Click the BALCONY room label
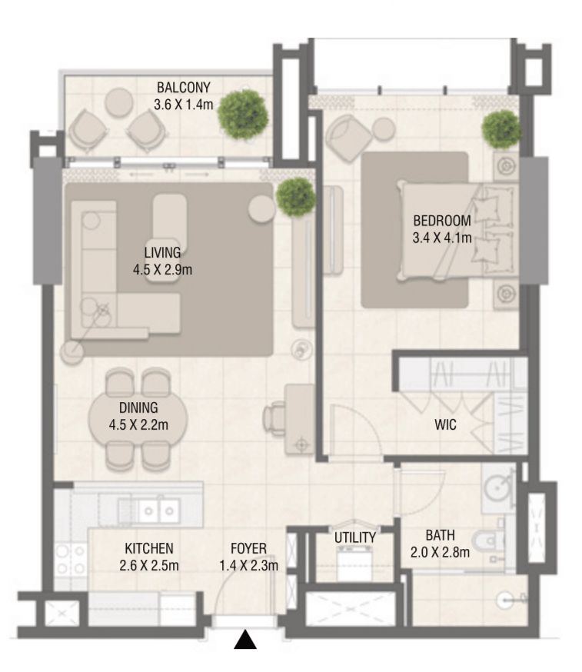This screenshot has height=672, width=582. (183, 87)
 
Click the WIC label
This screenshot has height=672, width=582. (446, 424)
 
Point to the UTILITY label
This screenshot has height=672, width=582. (355, 537)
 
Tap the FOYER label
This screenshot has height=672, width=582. (248, 549)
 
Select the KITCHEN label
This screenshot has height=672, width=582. (148, 549)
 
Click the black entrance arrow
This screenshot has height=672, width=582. (244, 639)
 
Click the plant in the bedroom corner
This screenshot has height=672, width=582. (501, 128)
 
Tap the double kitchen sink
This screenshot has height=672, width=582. (159, 508)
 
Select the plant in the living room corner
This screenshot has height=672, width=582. (295, 197)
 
